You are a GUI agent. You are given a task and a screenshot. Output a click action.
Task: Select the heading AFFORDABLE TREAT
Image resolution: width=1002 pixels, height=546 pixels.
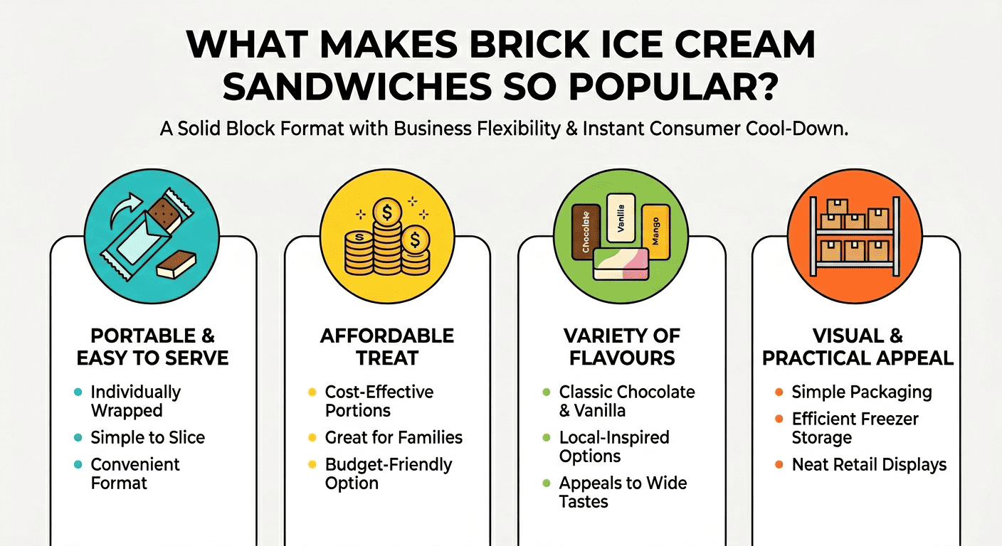click(x=387, y=346)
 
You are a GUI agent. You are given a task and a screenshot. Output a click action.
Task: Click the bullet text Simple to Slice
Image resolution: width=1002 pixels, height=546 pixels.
click(x=147, y=437)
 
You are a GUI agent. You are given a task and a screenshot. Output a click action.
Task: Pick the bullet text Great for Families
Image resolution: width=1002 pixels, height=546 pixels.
click(x=394, y=437)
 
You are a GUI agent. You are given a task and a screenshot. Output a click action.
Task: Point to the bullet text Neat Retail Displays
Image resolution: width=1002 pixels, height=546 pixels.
click(x=869, y=465)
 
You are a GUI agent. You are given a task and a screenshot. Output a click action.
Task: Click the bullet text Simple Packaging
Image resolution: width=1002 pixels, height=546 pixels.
click(x=861, y=392)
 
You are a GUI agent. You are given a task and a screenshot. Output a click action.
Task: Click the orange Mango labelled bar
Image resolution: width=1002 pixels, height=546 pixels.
click(x=655, y=231)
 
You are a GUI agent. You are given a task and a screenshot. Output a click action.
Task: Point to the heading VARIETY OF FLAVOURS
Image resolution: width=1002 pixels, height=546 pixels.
click(x=621, y=346)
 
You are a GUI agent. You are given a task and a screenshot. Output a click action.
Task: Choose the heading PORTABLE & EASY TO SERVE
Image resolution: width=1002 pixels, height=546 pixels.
click(x=152, y=346)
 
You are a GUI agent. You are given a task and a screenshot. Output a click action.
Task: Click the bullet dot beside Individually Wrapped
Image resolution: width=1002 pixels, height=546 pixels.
click(x=77, y=392)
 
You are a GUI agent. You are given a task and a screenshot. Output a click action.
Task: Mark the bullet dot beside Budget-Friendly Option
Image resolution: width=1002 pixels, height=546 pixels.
click(x=311, y=465)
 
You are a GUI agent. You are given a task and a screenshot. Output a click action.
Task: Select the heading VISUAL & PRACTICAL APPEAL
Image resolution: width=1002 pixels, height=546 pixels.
click(x=857, y=346)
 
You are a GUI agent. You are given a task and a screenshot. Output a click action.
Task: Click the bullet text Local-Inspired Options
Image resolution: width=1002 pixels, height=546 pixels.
click(x=614, y=446)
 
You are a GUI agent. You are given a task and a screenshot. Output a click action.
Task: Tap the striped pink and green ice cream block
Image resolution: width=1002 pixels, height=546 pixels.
click(x=621, y=263)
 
